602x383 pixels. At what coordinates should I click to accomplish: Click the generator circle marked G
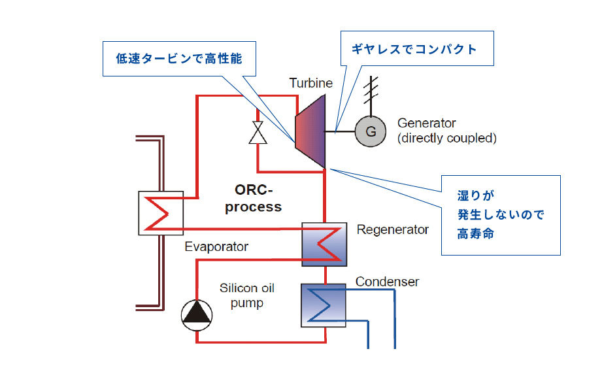[x=371, y=131]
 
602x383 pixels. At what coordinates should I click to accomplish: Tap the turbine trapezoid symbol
[x=310, y=131]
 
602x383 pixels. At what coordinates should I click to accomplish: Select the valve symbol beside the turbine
[x=258, y=133]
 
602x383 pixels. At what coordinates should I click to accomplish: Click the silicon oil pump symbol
[x=197, y=315]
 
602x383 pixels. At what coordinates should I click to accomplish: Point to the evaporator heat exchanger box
[x=161, y=213]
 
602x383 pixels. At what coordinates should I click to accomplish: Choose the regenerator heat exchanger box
[x=324, y=244]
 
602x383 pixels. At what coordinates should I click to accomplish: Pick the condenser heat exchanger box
[x=324, y=305]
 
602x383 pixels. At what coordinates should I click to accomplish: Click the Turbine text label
[x=311, y=83]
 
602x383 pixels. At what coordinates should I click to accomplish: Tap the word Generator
[x=427, y=123]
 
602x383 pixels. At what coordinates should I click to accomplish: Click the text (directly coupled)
[x=447, y=138]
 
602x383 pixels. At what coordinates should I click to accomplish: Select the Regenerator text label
[x=392, y=229]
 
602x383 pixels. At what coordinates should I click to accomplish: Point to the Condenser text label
[x=387, y=282]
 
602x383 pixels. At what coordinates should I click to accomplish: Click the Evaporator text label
[x=216, y=246]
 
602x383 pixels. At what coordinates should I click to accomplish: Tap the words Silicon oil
[x=247, y=288]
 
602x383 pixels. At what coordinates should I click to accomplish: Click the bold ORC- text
[x=254, y=190]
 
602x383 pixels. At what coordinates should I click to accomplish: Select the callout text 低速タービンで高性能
[x=179, y=59]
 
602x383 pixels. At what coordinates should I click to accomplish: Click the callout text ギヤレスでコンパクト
[x=414, y=49]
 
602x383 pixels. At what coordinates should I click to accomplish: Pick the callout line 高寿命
[x=475, y=233]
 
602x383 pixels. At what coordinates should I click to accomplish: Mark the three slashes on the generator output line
[x=371, y=90]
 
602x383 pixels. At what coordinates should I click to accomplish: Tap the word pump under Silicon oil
[x=247, y=303]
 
